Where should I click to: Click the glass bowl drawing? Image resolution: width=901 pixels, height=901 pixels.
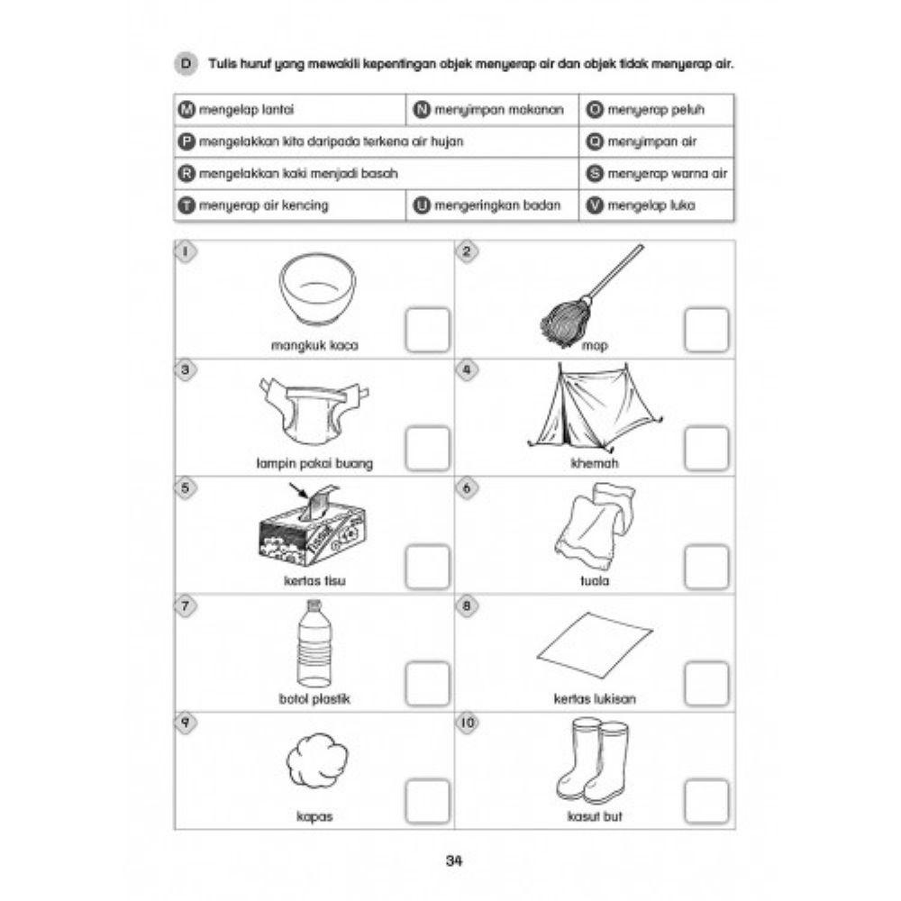tap(317, 289)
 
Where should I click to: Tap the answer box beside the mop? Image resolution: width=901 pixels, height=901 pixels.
tap(706, 330)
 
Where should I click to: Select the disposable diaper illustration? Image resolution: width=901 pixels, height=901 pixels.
tap(314, 410)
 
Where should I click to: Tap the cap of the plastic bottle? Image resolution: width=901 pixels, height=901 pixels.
tap(314, 605)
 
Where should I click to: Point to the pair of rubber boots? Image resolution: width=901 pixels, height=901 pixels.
tap(593, 760)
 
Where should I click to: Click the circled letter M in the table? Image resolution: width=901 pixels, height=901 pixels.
tap(187, 109)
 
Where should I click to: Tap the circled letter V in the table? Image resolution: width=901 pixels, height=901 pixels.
tap(595, 205)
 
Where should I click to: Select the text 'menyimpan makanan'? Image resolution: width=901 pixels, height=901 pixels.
tap(499, 110)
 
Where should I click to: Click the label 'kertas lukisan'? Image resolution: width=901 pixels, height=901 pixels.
tap(595, 699)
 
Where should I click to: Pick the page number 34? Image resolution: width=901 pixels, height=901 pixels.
tap(454, 860)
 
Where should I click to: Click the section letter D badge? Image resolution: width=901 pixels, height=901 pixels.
tap(186, 64)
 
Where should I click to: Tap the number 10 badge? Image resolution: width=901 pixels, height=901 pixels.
tap(468, 723)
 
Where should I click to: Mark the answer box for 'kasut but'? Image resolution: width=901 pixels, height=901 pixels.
tap(706, 802)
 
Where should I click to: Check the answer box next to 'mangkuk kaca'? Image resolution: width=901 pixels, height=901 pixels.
tap(427, 330)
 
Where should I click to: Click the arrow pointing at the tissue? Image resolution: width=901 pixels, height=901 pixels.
tap(299, 492)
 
